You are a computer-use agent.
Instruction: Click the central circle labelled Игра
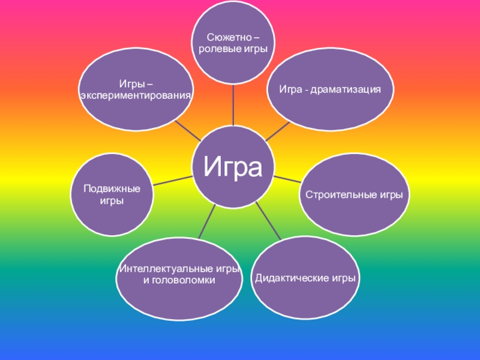233,166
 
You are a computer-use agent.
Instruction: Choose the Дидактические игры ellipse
305,278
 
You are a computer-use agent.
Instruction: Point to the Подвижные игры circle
112,195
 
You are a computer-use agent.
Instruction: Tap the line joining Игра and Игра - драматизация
277,131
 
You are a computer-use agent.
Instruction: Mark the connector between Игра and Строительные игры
287,178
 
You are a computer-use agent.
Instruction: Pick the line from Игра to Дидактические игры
269,221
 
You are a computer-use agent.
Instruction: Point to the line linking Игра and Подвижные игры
173,179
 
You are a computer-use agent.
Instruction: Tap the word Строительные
335,196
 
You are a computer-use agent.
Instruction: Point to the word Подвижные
112,189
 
